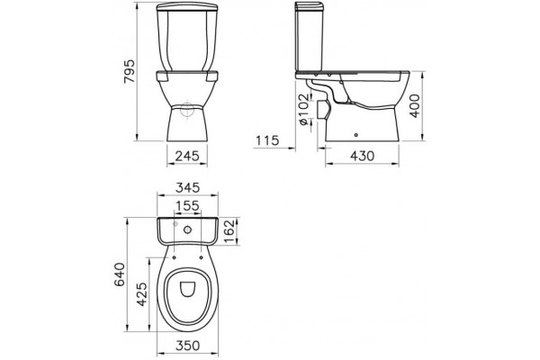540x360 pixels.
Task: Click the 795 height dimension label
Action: (x=130, y=72)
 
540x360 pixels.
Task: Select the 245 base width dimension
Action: (x=187, y=156)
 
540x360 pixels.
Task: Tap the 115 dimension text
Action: (x=267, y=140)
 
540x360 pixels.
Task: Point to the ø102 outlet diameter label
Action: (x=303, y=109)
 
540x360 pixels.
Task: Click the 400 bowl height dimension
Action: (x=415, y=106)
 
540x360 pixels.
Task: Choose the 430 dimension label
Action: (x=363, y=156)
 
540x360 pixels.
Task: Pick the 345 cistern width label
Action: (x=187, y=188)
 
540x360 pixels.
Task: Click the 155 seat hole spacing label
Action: (x=187, y=206)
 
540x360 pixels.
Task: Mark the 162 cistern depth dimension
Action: (x=229, y=231)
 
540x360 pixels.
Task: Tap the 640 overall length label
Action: (x=120, y=274)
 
